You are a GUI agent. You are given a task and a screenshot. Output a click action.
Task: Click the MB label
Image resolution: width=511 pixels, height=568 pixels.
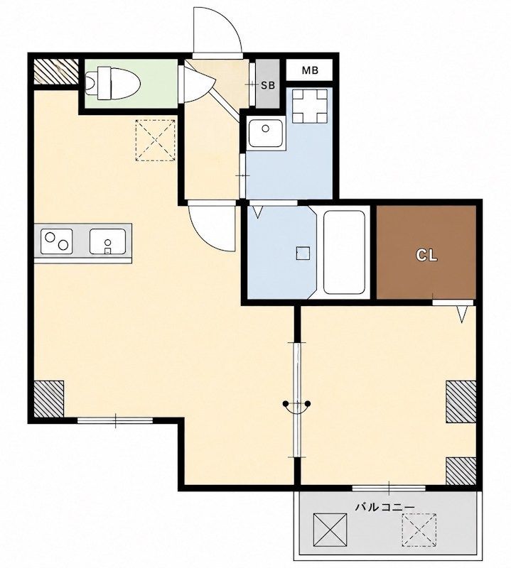pyautogui.click(x=310, y=70)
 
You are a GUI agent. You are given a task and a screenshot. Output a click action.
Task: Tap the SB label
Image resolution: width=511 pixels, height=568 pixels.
pyautogui.click(x=268, y=85)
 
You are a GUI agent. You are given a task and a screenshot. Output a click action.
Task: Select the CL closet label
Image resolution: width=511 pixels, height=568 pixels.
pyautogui.click(x=426, y=256)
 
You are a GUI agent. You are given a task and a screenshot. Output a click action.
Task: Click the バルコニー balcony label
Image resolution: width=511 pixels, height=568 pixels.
pyautogui.click(x=384, y=507)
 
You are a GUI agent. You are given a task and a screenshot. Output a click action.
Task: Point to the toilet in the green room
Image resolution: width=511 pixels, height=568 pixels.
pyautogui.click(x=113, y=83)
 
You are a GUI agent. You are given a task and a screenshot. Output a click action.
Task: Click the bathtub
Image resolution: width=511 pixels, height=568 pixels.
pyautogui.click(x=344, y=253)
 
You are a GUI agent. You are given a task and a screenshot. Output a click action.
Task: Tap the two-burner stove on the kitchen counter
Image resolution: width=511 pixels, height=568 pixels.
pyautogui.click(x=57, y=241)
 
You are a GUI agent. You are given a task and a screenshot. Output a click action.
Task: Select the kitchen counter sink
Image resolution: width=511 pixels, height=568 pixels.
pyautogui.click(x=108, y=241)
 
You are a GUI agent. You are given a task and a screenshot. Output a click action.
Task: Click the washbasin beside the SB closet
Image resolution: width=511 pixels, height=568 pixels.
pyautogui.click(x=266, y=133)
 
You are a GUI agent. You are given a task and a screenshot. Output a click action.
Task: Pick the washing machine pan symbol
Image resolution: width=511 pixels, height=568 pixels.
pyautogui.click(x=310, y=106)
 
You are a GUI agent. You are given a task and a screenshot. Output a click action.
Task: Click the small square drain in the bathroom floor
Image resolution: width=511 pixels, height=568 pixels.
pyautogui.click(x=303, y=253)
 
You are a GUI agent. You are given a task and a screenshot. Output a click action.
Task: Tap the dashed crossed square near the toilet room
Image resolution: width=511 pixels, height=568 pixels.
pyautogui.click(x=155, y=140)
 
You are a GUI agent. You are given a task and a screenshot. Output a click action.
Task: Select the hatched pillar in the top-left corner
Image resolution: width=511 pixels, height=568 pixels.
pyautogui.click(x=56, y=72)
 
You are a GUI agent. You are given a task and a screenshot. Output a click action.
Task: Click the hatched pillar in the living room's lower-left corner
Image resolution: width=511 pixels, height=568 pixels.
pyautogui.click(x=49, y=399)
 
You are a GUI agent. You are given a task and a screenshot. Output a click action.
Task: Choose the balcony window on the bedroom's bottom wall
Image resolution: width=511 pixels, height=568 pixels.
pyautogui.click(x=389, y=488)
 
